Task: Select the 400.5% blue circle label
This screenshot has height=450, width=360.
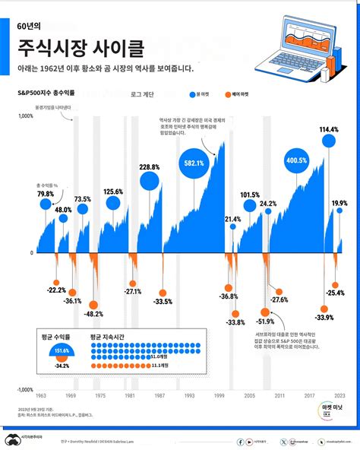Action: pyautogui.click(x=297, y=161)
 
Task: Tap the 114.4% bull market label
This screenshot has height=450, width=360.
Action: pyautogui.click(x=329, y=131)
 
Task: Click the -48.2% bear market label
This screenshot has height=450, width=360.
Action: pyautogui.click(x=93, y=313)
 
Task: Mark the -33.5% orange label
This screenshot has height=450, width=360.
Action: pyautogui.click(x=162, y=302)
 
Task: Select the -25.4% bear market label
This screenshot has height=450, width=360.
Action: pyautogui.click(x=335, y=293)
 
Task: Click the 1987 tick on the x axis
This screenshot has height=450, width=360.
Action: pyautogui.click(x=160, y=396)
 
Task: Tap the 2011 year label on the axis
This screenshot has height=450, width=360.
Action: pyautogui.click(x=280, y=396)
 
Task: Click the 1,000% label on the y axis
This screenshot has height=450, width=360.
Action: pyautogui.click(x=25, y=116)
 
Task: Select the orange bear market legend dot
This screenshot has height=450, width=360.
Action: pyautogui.click(x=227, y=94)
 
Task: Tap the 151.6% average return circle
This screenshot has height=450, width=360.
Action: pyautogui.click(x=62, y=350)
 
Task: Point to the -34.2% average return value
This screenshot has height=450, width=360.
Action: pyautogui.click(x=62, y=366)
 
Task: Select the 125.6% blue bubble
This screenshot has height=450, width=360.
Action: pyautogui.click(x=113, y=202)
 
